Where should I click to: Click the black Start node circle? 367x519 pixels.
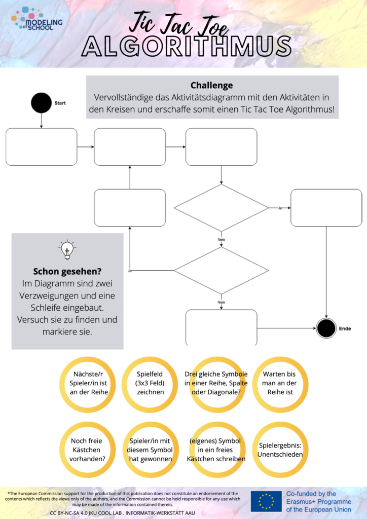click(41, 103)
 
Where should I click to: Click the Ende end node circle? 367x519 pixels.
click(326, 328)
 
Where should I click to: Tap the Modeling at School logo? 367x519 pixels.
click(37, 19)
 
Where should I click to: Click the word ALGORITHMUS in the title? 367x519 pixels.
click(187, 47)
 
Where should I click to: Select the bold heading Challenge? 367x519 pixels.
click(211, 85)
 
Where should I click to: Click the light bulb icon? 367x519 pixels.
click(67, 249)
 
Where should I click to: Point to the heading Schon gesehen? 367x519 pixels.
click(67, 271)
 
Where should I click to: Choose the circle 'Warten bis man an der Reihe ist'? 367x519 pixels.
click(279, 384)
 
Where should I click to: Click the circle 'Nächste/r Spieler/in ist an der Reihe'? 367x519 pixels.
click(86, 384)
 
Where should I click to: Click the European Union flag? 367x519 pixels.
click(266, 501)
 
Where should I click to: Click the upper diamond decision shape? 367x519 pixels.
click(221, 208)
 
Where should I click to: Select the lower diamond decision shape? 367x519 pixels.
click(221, 270)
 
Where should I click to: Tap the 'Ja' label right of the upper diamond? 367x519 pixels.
click(279, 208)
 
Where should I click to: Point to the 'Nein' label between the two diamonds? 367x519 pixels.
click(221, 239)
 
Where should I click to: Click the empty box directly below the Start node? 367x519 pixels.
click(42, 147)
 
